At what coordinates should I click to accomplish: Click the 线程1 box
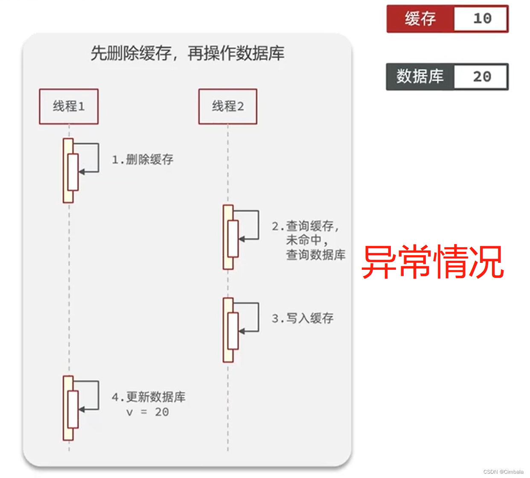[69, 106]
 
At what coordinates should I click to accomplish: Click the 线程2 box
[228, 106]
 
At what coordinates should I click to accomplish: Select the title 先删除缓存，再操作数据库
[187, 54]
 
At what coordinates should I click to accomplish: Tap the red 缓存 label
[420, 19]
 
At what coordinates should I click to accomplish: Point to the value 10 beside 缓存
[482, 19]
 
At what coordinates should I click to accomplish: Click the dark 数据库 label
[420, 77]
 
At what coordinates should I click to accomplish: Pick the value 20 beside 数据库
[482, 77]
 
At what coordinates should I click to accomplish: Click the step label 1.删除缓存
[143, 160]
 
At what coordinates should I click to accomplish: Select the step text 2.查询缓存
[305, 226]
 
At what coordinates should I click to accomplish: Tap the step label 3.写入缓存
[303, 318]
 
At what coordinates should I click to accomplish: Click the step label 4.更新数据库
[149, 397]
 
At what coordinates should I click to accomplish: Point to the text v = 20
[148, 412]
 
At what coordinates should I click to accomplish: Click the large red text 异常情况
[433, 262]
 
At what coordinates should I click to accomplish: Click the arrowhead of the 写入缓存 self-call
[242, 331]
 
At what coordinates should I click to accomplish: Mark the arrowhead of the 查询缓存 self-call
[242, 239]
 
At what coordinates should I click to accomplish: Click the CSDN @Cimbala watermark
[503, 472]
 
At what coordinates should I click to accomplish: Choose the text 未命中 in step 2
[304, 240]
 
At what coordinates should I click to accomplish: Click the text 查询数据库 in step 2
[315, 255]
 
